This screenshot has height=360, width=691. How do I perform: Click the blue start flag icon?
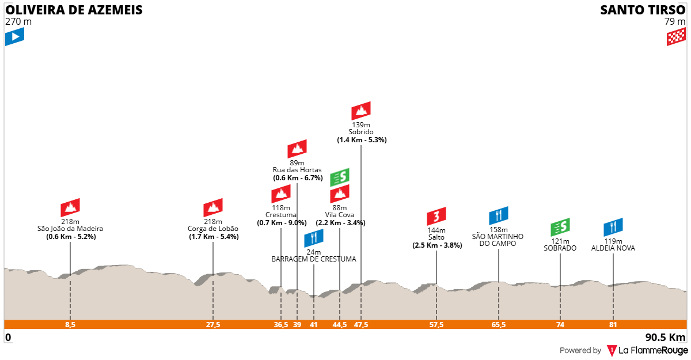click(14, 36)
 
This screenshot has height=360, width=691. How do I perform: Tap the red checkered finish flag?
click(676, 36)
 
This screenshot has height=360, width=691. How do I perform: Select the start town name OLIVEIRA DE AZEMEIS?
click(74, 10)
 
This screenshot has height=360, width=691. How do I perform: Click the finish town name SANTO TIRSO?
click(643, 10)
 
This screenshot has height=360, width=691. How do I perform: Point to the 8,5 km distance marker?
click(70, 324)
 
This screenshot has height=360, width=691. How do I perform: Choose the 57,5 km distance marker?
click(436, 324)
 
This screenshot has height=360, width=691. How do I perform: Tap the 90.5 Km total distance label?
click(666, 338)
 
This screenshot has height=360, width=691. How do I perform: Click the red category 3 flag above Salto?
click(436, 216)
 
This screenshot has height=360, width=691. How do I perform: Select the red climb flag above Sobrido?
click(361, 111)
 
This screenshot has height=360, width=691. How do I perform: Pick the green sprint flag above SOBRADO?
click(560, 227)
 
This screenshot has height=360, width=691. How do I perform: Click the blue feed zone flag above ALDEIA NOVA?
click(613, 227)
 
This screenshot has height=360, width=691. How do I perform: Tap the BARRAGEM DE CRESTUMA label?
click(314, 259)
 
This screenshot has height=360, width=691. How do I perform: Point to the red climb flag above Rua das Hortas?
click(297, 149)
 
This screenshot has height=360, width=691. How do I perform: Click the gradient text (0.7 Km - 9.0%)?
click(282, 223)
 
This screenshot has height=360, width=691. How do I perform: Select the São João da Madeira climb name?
click(70, 229)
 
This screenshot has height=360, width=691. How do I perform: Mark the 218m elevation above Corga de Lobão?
click(213, 222)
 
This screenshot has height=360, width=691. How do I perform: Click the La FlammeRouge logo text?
click(653, 350)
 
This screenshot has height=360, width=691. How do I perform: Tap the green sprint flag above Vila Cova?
click(340, 177)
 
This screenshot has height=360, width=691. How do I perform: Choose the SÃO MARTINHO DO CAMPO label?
click(498, 240)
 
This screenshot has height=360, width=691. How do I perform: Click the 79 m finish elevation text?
click(675, 21)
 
